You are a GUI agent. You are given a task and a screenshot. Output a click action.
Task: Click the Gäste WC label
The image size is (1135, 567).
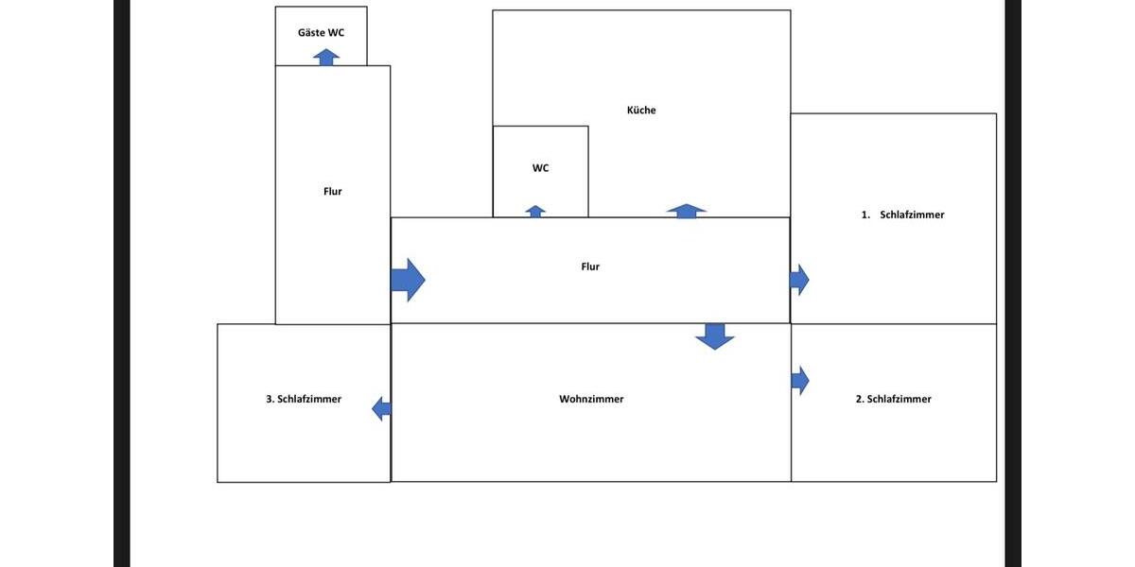click(x=321, y=33)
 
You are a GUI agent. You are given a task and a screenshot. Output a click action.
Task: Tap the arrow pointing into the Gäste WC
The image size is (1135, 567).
click(x=326, y=58)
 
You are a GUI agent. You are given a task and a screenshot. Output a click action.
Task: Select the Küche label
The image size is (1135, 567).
click(x=641, y=110)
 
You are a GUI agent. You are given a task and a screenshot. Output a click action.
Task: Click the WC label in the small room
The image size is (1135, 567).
click(x=540, y=168)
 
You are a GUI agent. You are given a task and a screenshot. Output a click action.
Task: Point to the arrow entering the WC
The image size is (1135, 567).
click(x=535, y=211)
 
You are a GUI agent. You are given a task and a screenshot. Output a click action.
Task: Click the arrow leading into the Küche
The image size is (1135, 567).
click(x=686, y=211)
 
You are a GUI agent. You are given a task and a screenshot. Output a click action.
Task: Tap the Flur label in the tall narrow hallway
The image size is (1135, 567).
click(x=332, y=191)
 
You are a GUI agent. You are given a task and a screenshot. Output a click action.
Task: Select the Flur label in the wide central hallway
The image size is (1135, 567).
click(x=590, y=266)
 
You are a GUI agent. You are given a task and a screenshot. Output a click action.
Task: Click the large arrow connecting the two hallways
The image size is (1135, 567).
click(x=408, y=280)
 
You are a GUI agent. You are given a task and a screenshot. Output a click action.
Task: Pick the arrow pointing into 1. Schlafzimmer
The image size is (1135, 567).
click(x=799, y=280)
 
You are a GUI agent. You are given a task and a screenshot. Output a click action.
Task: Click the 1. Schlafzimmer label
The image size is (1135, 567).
click(x=902, y=215)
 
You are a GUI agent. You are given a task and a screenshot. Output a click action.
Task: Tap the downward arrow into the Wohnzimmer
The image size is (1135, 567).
click(x=714, y=336)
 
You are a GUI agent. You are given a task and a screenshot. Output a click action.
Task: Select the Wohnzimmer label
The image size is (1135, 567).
click(x=591, y=399)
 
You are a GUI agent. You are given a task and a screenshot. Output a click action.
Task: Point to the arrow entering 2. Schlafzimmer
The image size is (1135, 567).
click(x=800, y=380)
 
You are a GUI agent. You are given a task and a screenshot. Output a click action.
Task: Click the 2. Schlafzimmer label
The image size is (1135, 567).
click(x=893, y=399)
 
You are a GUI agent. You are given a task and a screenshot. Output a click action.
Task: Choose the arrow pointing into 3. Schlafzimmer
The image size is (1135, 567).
click(x=381, y=408)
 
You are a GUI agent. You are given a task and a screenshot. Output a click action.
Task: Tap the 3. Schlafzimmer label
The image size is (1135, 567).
click(x=304, y=399)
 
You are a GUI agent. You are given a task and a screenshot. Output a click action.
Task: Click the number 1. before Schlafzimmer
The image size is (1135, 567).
click(x=865, y=215)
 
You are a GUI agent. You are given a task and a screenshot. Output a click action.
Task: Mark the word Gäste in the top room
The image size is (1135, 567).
click(x=309, y=33)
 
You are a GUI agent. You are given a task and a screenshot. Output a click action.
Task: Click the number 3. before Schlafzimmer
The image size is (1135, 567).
click(x=271, y=399)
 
